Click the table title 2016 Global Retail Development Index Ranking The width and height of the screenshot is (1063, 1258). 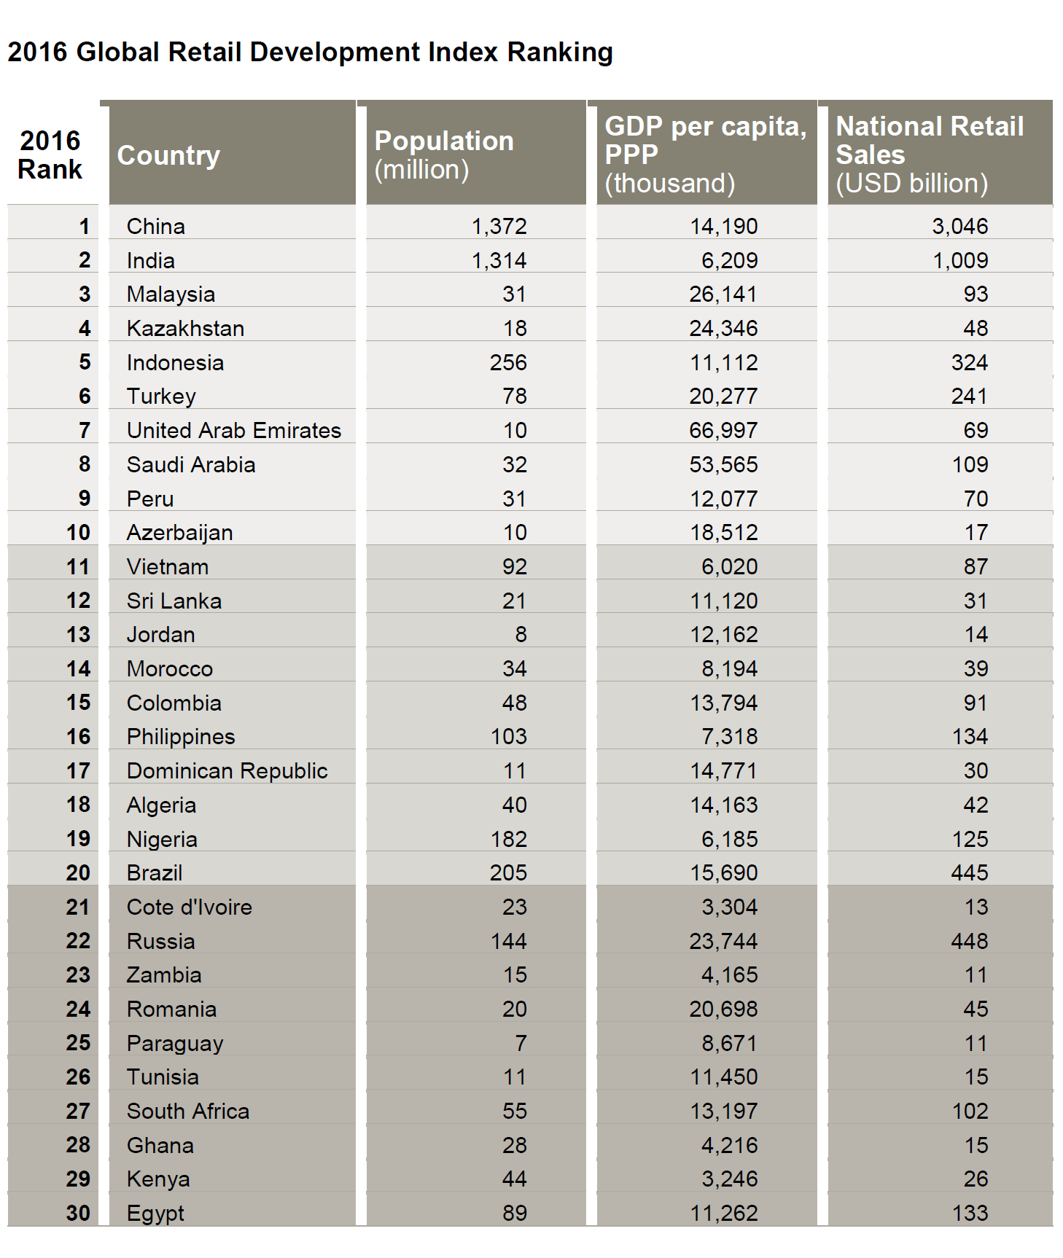(310, 52)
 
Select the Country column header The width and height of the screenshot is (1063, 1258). (168, 155)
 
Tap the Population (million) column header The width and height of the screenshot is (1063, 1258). (443, 155)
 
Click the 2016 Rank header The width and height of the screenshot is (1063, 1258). (50, 155)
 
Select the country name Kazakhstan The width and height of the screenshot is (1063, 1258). (185, 329)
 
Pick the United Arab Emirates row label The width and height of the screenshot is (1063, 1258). (233, 431)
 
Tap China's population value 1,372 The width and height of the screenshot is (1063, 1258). (499, 227)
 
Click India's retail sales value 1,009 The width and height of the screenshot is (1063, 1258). (960, 261)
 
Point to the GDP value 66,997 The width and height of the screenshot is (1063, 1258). (723, 431)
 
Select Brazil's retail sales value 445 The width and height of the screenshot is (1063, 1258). (969, 872)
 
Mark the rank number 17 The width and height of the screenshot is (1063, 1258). (78, 770)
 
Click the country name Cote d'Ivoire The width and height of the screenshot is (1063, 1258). (189, 907)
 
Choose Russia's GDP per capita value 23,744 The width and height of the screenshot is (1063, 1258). (723, 941)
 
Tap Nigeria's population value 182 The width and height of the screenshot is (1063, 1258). (508, 839)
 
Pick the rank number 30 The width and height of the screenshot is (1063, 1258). (78, 1213)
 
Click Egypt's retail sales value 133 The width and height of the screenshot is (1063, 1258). (969, 1213)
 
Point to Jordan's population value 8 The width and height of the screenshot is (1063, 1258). (521, 635)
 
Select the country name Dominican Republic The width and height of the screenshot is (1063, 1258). (227, 771)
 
